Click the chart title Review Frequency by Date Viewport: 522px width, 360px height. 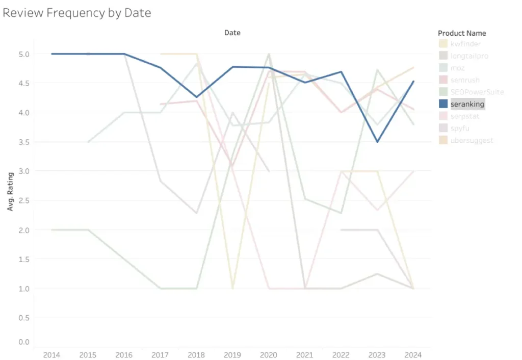[x=77, y=13]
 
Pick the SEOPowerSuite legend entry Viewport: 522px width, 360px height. [x=477, y=92]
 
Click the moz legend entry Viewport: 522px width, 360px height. [x=457, y=68]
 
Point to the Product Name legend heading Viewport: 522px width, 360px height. [x=462, y=33]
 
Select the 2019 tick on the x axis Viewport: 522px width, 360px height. [x=232, y=354]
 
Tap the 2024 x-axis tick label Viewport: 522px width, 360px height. [x=413, y=354]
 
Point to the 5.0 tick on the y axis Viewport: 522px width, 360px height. [x=24, y=54]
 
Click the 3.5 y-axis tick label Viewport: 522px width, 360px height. [x=24, y=142]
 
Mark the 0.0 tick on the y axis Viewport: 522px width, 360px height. [x=24, y=342]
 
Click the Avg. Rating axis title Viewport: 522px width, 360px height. [x=10, y=191]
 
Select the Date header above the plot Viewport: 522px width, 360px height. [x=232, y=33]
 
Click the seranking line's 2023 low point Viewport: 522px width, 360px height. [x=377, y=142]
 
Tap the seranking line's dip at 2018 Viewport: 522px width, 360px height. [x=197, y=97]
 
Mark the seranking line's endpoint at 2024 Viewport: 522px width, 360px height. [x=413, y=81]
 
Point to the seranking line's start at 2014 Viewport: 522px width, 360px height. [x=52, y=54]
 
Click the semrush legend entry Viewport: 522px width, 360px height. [x=465, y=80]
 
